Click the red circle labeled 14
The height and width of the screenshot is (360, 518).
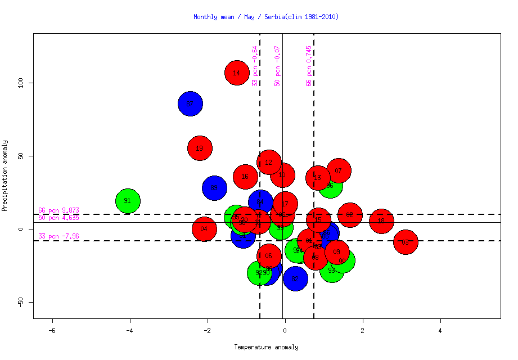coord(237,73)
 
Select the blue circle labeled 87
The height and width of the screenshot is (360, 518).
coord(190,103)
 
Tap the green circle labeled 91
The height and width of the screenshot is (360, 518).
coord(128,201)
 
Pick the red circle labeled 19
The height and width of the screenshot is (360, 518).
coord(200,148)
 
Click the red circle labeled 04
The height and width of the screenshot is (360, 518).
coord(204,229)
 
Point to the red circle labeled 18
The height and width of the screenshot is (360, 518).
coord(381,221)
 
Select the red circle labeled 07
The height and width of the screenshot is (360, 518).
coord(339,170)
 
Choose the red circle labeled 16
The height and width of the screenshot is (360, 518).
coord(245,177)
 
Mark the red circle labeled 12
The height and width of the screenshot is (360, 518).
coord(269,163)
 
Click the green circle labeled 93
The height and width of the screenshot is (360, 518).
coord(332,271)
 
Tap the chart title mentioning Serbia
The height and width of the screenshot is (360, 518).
coord(266,17)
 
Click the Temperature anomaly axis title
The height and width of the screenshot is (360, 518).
coord(266,347)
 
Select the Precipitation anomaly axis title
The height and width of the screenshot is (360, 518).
coord(4,175)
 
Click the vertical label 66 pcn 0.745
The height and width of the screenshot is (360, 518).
coord(309,66)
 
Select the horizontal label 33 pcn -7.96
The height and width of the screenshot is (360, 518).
coord(58,236)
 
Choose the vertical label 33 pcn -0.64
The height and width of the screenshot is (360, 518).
coord(255,66)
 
